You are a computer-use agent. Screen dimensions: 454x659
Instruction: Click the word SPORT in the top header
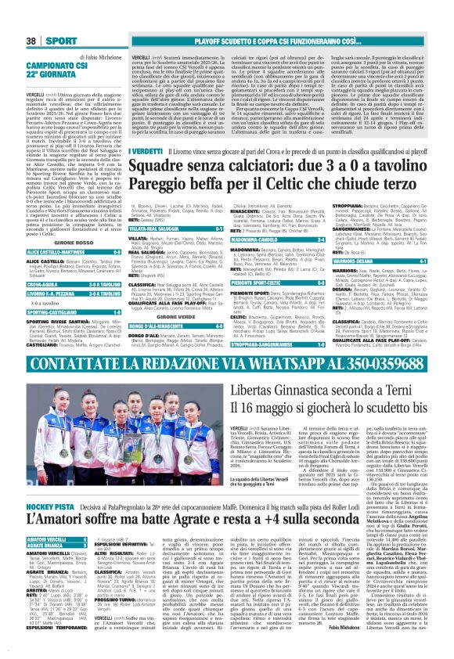tap(56, 40)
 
